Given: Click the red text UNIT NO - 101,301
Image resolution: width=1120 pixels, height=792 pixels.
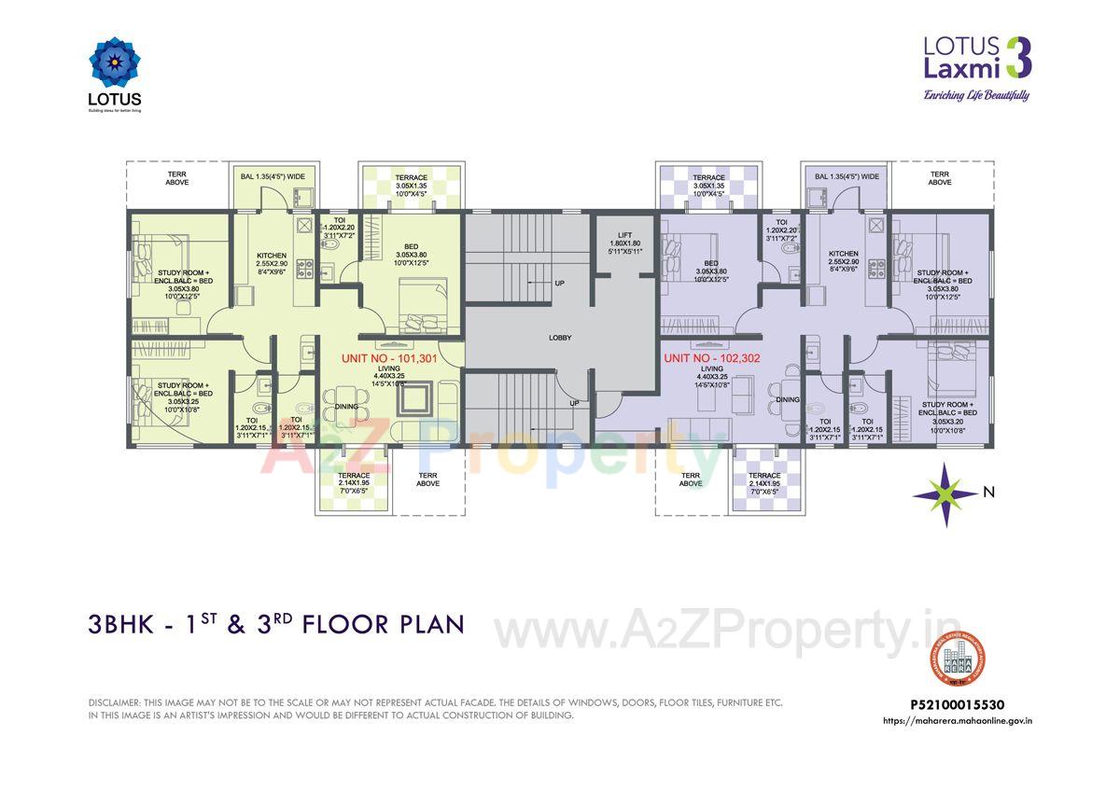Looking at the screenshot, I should (389, 357).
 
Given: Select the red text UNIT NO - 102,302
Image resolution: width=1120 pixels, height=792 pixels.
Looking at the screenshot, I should (710, 357).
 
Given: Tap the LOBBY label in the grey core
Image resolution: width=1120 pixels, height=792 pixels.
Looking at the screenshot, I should (560, 338).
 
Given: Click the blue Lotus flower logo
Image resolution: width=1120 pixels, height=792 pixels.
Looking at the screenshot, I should (115, 63).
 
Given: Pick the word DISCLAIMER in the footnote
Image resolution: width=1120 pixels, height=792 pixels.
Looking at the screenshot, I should (113, 702).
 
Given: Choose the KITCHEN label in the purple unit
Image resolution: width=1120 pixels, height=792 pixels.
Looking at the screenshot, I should (843, 254).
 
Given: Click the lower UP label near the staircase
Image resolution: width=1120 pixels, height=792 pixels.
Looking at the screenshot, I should (575, 403).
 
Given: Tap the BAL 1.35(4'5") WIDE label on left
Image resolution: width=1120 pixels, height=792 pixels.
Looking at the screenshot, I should (272, 176).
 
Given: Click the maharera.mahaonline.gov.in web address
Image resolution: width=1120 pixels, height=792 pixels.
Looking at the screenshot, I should (961, 720).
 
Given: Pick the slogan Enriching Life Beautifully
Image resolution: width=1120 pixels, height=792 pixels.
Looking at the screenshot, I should (975, 94).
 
